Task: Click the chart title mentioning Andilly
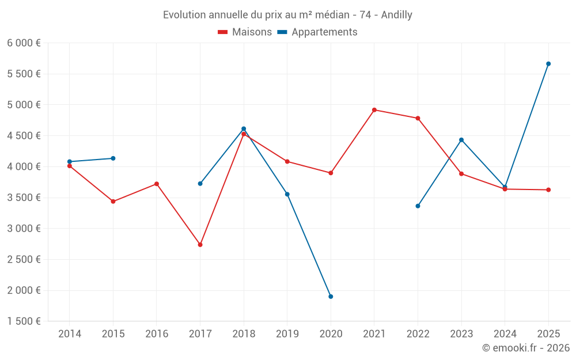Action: click(287, 15)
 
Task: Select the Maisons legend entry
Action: click(245, 32)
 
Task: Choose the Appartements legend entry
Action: click(317, 32)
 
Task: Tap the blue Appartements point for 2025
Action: click(548, 64)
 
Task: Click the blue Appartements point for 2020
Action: click(331, 297)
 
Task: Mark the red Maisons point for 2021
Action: click(374, 110)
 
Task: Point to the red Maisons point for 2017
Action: click(200, 245)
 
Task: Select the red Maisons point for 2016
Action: click(157, 184)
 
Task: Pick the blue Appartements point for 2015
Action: click(113, 158)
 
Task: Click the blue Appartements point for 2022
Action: click(418, 206)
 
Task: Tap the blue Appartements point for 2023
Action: click(461, 140)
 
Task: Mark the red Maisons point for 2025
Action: click(548, 190)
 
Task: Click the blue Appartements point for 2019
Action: click(287, 194)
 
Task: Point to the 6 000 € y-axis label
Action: click(24, 43)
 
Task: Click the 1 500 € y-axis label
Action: click(24, 321)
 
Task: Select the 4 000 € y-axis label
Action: click(24, 166)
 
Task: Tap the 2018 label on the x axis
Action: click(244, 334)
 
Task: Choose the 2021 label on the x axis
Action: click(374, 334)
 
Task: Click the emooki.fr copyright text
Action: click(525, 348)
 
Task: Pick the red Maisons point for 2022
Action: click(418, 118)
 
